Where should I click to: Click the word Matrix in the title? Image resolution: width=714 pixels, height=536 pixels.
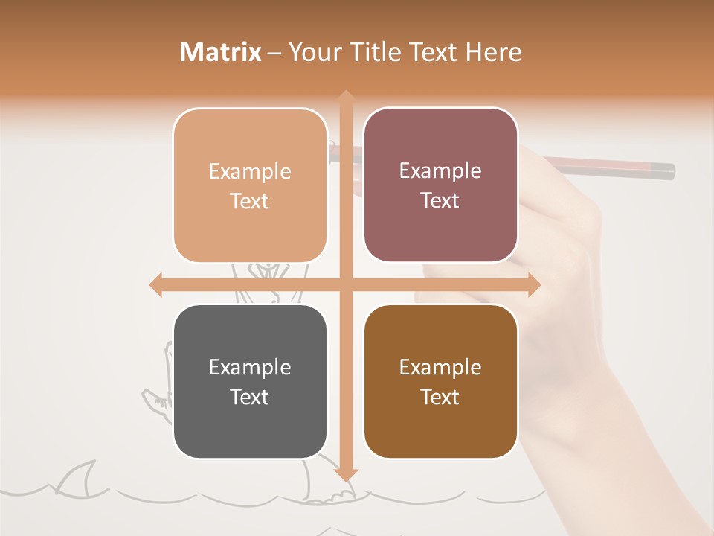pos(221,52)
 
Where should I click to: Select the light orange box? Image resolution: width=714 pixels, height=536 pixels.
pos(250,185)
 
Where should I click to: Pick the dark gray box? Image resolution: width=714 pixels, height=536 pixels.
pos(250,381)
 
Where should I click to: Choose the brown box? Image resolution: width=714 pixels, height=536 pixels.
pos(440,381)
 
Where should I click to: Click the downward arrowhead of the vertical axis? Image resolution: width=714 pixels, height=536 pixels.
pos(345,474)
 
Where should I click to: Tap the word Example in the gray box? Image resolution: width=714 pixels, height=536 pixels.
pos(250,367)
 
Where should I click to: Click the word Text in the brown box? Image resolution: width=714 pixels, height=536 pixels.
pos(440,397)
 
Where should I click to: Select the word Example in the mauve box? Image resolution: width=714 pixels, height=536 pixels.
pos(440,170)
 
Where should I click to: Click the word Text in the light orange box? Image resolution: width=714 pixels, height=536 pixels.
pos(250,201)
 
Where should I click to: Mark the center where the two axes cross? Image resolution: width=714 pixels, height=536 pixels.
pos(345,284)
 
